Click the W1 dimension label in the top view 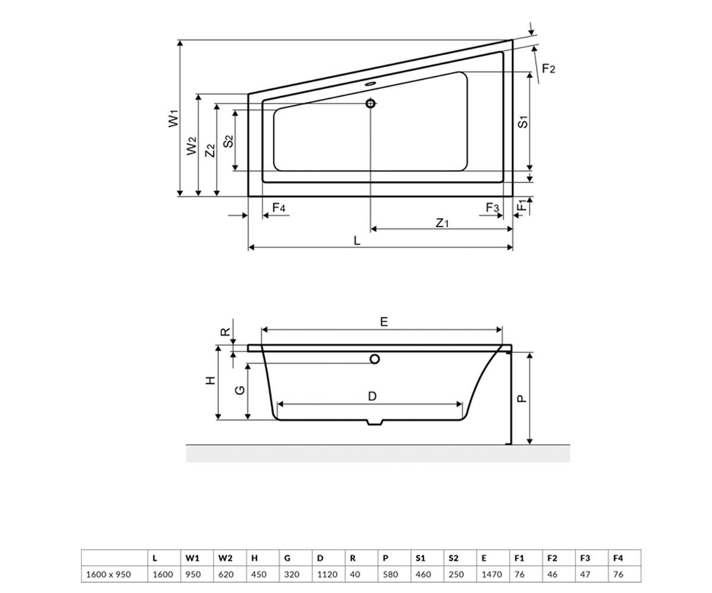coord(174,118)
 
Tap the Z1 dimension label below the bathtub coord(442,223)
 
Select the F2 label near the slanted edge coord(548,69)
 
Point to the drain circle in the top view coord(370,103)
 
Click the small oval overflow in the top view coord(370,83)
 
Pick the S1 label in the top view coord(523,122)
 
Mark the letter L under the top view coord(357,241)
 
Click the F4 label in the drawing coord(279,207)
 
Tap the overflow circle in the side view coord(374,359)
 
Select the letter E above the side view coord(384,321)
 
